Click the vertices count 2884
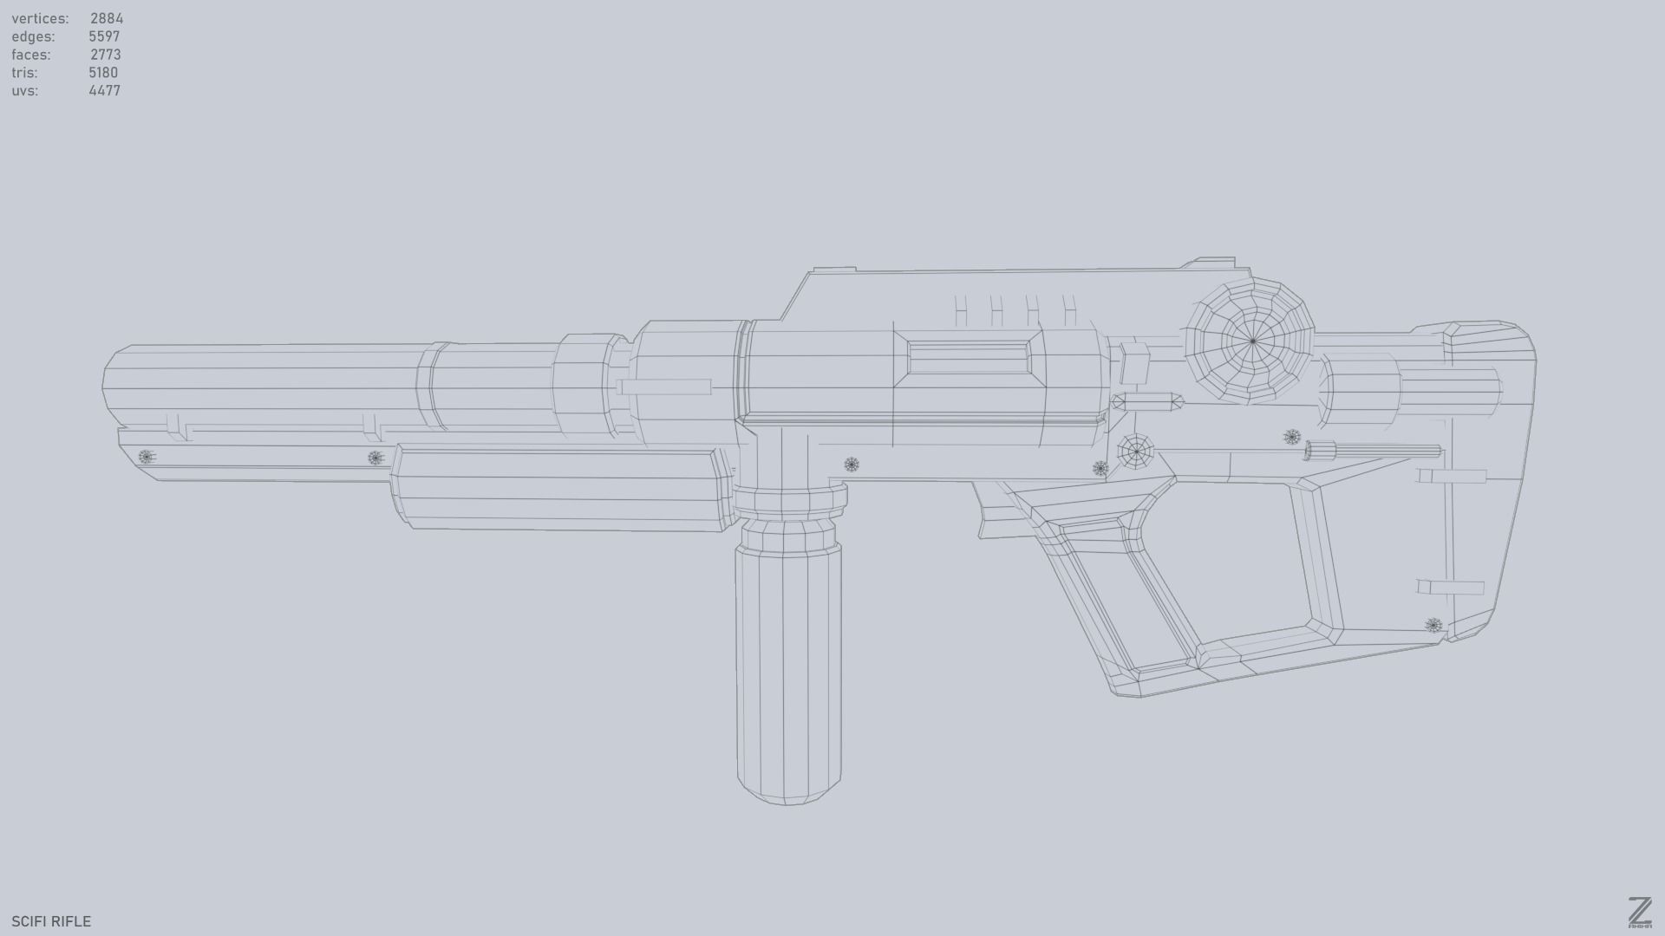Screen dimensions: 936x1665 tap(106, 18)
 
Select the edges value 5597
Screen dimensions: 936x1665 tap(104, 36)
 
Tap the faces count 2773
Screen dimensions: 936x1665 tap(105, 55)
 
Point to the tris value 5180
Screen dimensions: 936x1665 tap(103, 73)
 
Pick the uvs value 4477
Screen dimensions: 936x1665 tap(104, 91)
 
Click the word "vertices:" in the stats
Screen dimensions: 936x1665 tap(40, 18)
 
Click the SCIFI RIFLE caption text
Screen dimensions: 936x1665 tap(51, 921)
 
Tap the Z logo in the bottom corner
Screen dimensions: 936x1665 tap(1639, 913)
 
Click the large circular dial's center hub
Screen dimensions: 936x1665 tap(1252, 341)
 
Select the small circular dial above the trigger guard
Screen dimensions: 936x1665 tap(1135, 452)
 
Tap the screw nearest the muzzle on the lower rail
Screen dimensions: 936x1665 tap(146, 457)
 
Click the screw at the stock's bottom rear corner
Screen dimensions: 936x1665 tap(1433, 626)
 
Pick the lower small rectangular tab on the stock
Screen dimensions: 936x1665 tap(1451, 588)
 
